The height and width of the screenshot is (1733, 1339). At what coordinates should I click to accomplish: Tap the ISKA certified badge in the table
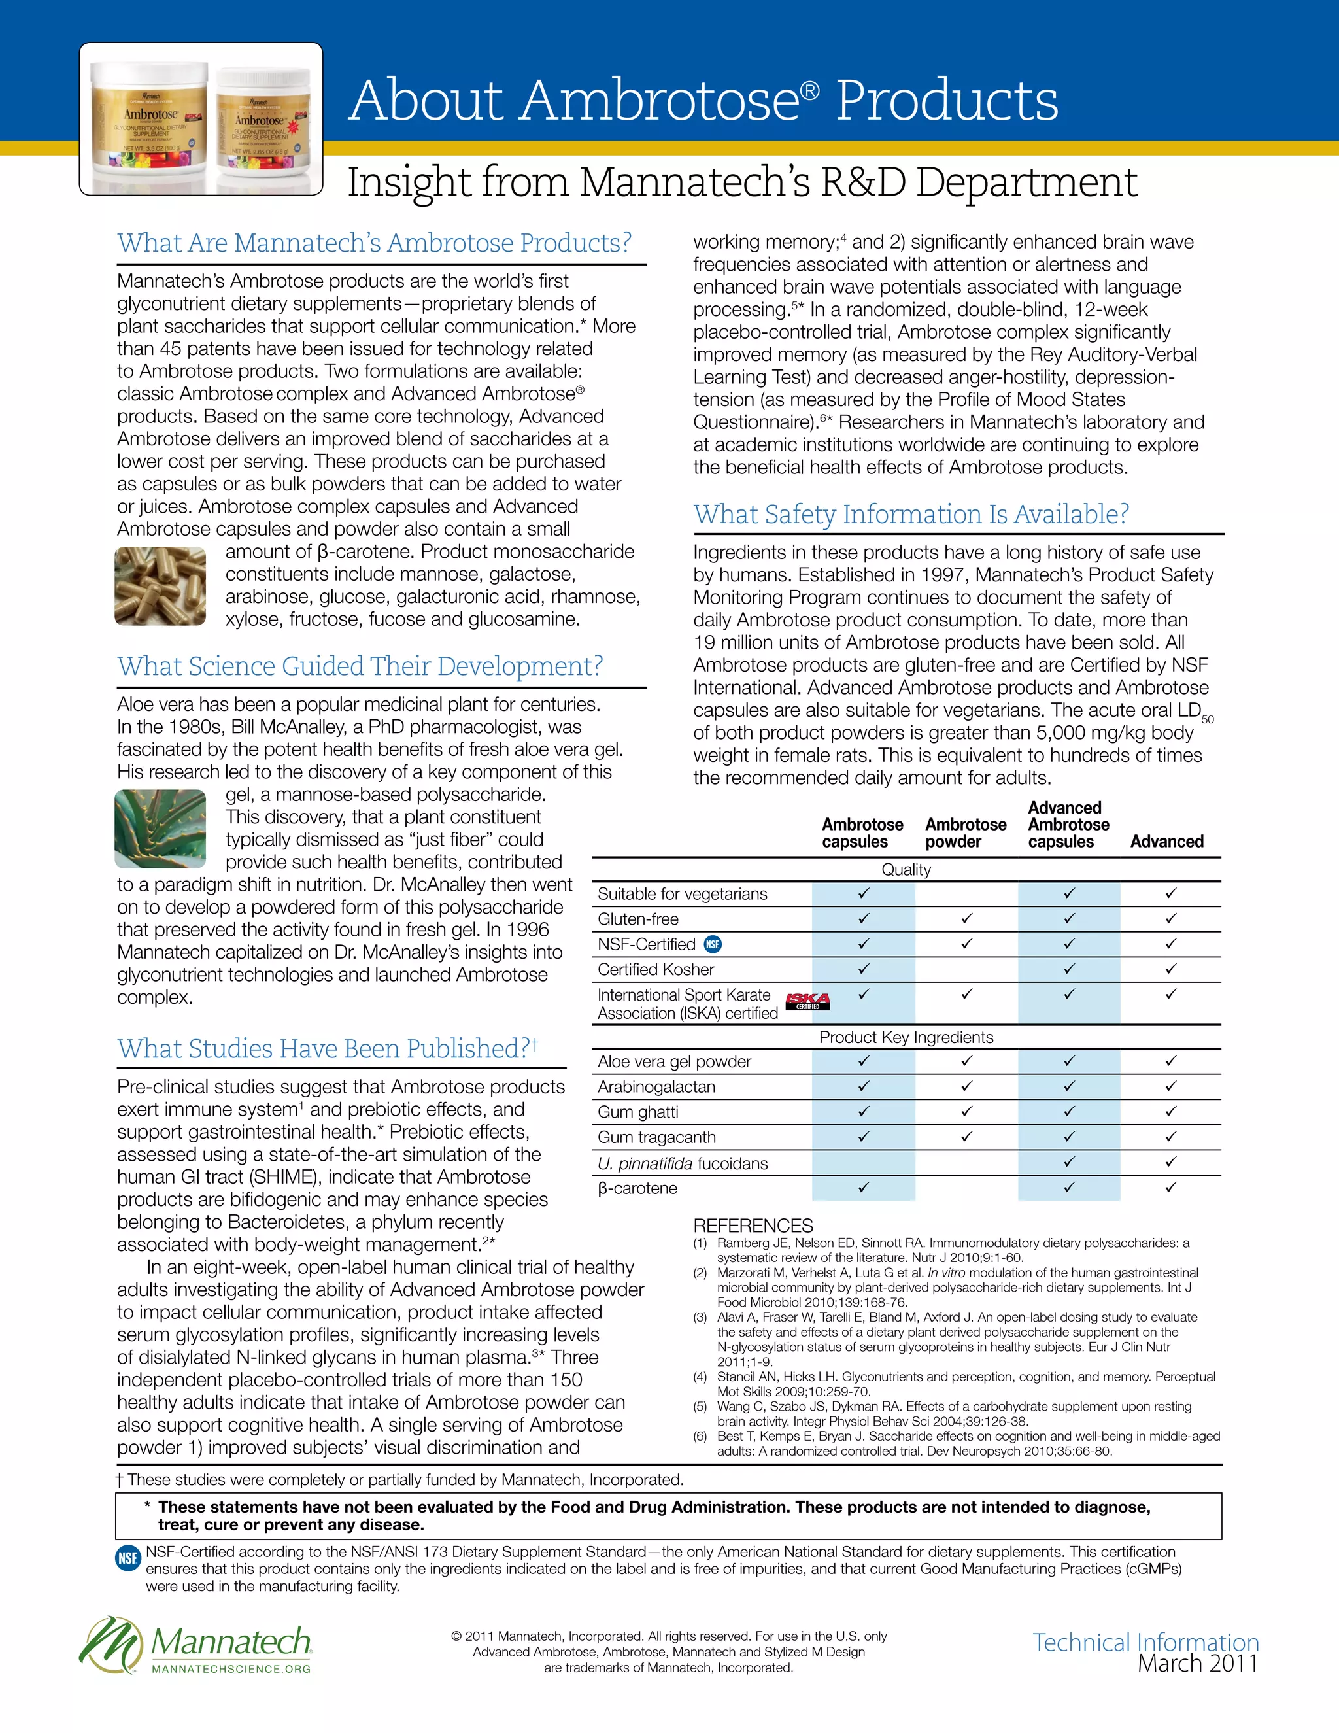[x=807, y=1001]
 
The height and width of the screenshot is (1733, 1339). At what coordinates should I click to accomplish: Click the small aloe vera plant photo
[x=160, y=829]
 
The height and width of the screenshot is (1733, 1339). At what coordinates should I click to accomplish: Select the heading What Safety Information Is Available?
[x=911, y=514]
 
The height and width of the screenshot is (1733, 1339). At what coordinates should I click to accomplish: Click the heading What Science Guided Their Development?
[x=360, y=666]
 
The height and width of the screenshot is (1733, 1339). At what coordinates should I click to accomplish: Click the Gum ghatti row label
[x=637, y=1112]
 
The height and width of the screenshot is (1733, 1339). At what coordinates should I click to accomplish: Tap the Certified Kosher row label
[x=655, y=969]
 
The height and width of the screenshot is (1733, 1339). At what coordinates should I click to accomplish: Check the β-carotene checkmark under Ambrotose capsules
[x=863, y=1187]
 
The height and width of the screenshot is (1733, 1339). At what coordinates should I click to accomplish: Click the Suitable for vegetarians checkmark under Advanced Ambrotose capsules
[x=1068, y=893]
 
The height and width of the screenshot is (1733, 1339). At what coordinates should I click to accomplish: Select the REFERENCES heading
[x=752, y=1225]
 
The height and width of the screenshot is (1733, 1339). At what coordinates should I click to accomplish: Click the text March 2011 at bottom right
[x=1197, y=1664]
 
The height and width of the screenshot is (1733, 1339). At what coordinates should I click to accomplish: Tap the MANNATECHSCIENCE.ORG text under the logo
[x=231, y=1670]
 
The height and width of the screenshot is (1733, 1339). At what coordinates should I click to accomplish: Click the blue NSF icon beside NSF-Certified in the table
[x=713, y=944]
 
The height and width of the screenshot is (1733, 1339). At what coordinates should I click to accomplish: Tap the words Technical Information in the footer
[x=1145, y=1641]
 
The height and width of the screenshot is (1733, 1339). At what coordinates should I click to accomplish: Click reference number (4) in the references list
[x=700, y=1377]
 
